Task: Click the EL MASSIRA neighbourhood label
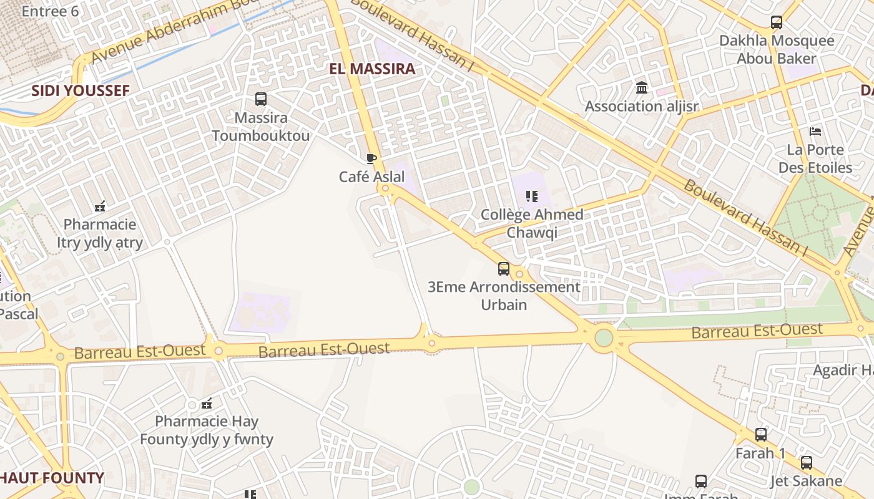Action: click(x=372, y=69)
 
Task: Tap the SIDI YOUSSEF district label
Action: click(x=81, y=91)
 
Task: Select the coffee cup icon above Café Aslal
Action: click(x=371, y=158)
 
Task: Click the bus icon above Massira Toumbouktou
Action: click(x=261, y=99)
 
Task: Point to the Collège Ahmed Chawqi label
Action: click(x=532, y=223)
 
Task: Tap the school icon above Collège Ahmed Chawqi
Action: click(x=532, y=197)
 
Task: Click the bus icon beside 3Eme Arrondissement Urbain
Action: click(x=504, y=269)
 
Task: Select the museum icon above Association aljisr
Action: click(x=642, y=88)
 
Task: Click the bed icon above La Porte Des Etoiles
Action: click(x=815, y=132)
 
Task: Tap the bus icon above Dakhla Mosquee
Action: click(x=777, y=22)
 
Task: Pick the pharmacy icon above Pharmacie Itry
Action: click(x=100, y=205)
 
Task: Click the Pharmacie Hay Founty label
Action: click(x=207, y=430)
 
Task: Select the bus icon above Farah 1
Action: click(x=761, y=435)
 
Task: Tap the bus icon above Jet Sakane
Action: click(x=807, y=463)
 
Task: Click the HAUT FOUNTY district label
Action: click(x=52, y=478)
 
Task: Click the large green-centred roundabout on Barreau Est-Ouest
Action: click(x=604, y=337)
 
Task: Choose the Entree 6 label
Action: click(x=50, y=11)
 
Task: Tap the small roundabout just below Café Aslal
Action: click(x=385, y=188)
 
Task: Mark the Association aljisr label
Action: click(x=641, y=106)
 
